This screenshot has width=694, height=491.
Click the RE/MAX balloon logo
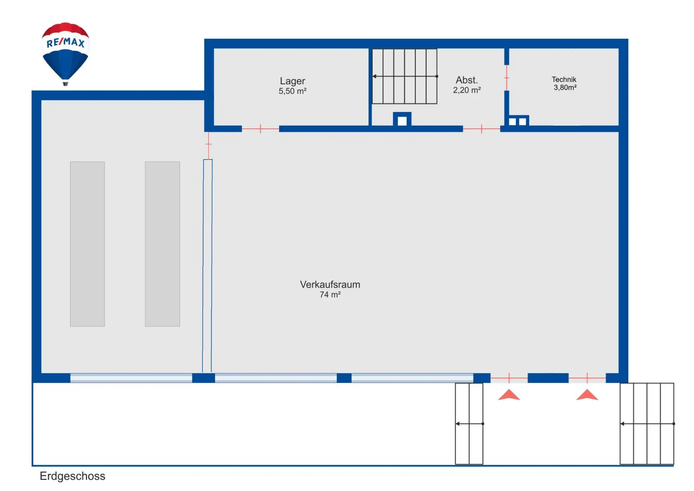65,52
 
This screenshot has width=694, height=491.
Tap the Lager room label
292,81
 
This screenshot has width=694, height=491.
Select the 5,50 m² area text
292,91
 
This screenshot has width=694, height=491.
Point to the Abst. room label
467,80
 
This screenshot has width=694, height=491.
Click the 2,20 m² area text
467,90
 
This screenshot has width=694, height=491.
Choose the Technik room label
564,79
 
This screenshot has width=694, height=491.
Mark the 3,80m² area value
565,88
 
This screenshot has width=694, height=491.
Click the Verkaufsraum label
330,284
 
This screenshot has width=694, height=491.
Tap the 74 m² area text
330,295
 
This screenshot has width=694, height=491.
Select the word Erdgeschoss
72,476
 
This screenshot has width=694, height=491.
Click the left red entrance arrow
509,395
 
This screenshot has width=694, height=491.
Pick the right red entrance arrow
587,395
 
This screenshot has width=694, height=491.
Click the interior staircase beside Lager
404,76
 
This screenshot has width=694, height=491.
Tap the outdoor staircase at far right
647,423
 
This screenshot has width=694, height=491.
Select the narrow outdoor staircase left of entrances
469,423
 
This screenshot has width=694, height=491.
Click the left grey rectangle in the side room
87,244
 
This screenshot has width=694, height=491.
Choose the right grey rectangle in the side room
162,244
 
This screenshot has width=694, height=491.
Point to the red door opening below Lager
260,129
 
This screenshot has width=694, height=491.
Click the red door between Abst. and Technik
507,78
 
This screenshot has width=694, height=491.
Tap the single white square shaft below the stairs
402,121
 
